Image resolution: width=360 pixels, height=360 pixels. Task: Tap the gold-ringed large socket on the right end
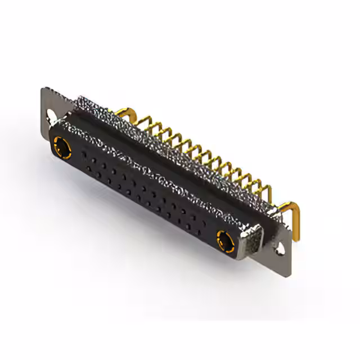pos(226,240)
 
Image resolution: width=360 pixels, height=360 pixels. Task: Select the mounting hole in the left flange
pos(52,115)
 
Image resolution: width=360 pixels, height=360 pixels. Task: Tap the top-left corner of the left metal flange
pos(44,89)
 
